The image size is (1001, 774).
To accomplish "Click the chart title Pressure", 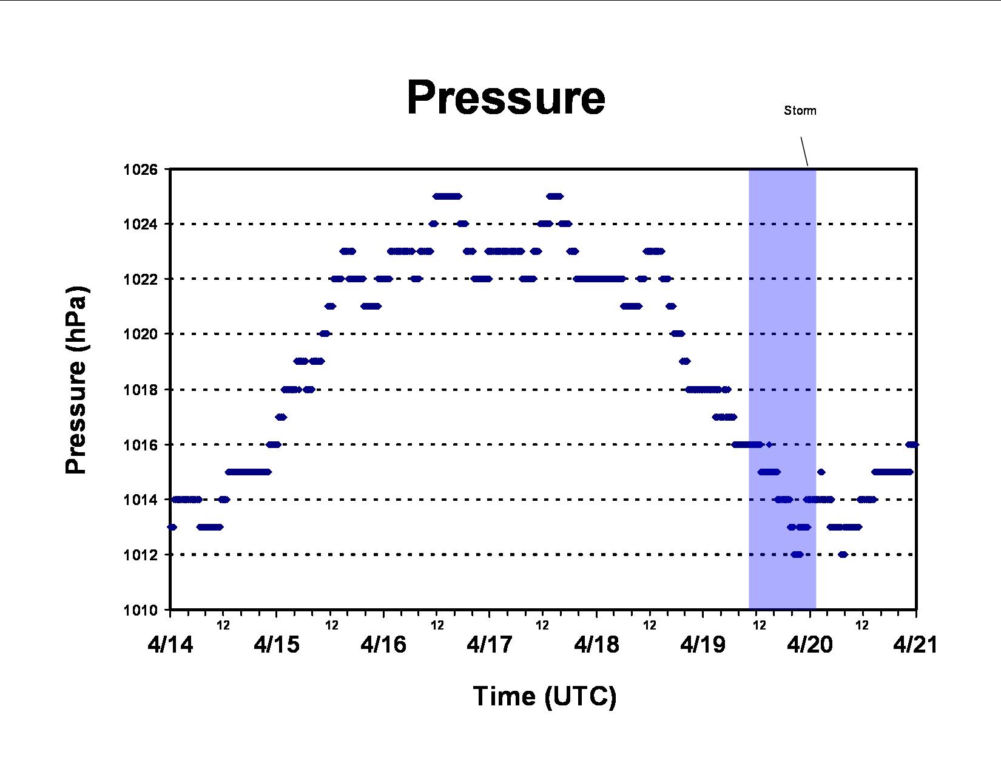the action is (x=506, y=98).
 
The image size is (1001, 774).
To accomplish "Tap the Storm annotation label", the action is (x=800, y=110).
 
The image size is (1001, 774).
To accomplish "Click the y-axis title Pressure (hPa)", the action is (x=76, y=380).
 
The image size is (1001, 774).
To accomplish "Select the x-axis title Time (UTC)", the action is (x=545, y=696).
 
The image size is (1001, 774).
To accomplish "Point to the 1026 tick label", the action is (x=140, y=169).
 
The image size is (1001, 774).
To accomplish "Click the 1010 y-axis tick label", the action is (x=140, y=610).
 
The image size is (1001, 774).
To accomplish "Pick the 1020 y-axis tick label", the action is (x=140, y=334).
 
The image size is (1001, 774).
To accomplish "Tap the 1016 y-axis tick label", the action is (x=140, y=444).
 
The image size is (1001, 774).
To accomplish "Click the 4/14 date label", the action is (x=170, y=644).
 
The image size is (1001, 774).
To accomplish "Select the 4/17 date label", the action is (x=489, y=644).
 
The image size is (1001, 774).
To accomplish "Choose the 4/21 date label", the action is (x=915, y=644).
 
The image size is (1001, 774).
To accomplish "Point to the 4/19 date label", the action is (x=703, y=644).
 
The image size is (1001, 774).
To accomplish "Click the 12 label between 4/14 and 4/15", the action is (x=223, y=625).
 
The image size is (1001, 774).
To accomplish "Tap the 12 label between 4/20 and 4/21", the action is (x=862, y=625).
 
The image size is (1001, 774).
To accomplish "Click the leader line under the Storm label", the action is (x=804, y=151).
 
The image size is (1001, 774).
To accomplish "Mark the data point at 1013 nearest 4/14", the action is (x=172, y=527).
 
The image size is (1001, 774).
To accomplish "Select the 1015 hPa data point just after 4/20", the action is (x=821, y=472).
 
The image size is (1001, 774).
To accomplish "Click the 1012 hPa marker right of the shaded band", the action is (x=843, y=555).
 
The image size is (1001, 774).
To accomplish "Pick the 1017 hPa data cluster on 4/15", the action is (x=281, y=417).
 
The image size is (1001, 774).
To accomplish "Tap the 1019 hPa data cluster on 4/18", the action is (x=685, y=361).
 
